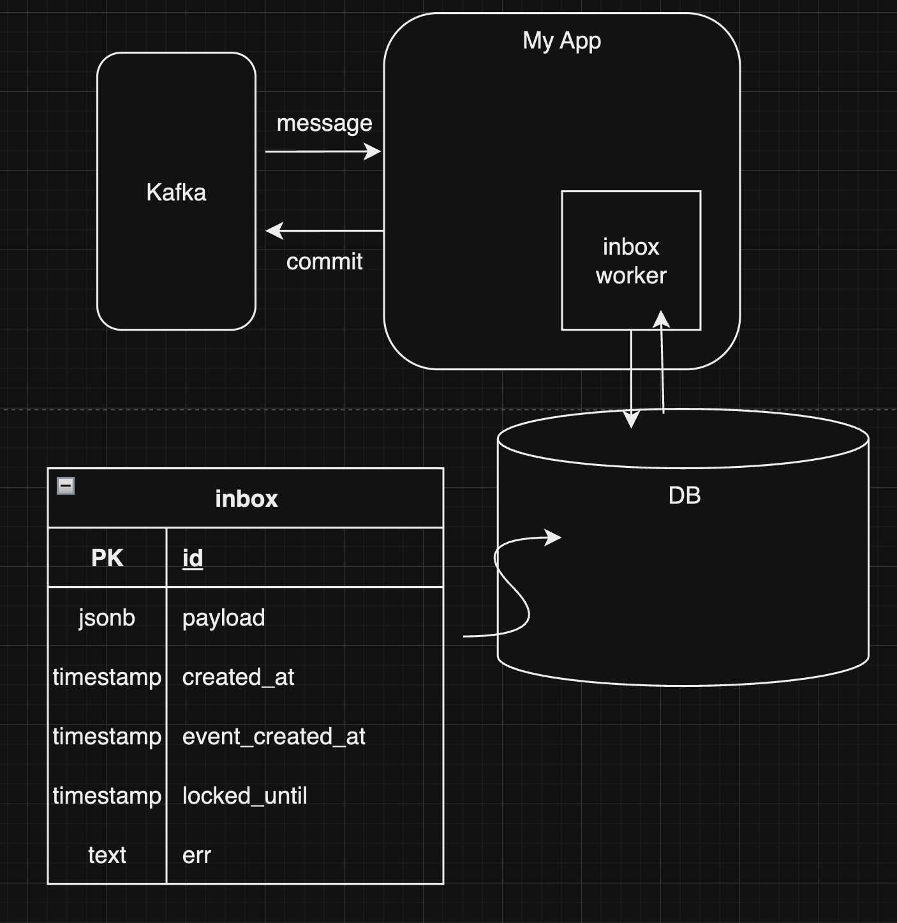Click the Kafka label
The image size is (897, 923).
pos(176,192)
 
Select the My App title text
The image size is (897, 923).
pos(561,41)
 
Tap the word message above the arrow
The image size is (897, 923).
pos(324,123)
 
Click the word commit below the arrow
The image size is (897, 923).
pos(324,262)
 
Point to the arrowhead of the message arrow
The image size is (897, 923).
pos(373,151)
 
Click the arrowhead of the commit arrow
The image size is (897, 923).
pos(274,230)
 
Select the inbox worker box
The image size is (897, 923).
pos(631,260)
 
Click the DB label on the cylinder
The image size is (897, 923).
pos(684,495)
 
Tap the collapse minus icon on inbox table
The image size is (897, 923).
pos(66,486)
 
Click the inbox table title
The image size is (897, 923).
pos(246,499)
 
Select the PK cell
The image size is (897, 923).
pos(107,558)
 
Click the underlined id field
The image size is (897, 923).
pos(193,558)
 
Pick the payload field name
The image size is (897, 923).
pos(223,618)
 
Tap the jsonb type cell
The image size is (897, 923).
pos(107,618)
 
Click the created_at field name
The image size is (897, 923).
pos(238,677)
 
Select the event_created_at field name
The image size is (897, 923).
pos(274,737)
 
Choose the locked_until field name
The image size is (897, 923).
pos(244,796)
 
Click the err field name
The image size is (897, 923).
pos(196,855)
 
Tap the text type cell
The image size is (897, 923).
pos(107,855)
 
